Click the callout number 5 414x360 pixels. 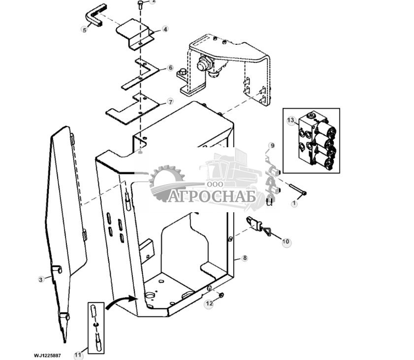point(84,30)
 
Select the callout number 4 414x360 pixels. point(165,30)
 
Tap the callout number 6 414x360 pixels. point(170,67)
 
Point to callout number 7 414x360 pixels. point(170,102)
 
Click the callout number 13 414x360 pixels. point(290,121)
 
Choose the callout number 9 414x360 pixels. point(272,146)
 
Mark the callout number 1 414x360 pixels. point(294,203)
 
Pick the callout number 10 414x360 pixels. point(286,242)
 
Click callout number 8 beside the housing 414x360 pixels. point(245,258)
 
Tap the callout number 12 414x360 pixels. point(209,303)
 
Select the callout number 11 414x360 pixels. point(78,354)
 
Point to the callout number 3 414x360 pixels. point(41,279)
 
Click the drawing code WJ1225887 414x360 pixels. point(47,355)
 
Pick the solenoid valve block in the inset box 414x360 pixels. point(315,140)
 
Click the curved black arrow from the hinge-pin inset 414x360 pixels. point(121,302)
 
